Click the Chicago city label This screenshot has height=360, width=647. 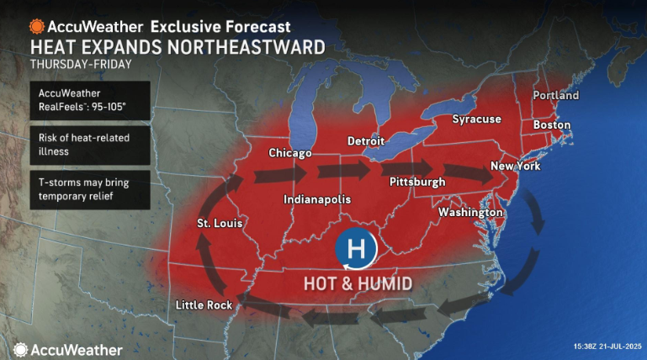(x=289, y=153)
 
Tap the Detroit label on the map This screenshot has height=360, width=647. (x=366, y=140)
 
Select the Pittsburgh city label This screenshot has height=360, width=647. (x=417, y=182)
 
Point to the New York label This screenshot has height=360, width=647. (x=515, y=166)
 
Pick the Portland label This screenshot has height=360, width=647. (x=555, y=96)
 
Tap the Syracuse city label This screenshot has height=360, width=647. (x=476, y=119)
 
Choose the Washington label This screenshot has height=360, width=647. (x=469, y=213)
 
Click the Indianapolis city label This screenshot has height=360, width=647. (x=317, y=199)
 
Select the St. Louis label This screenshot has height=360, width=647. (x=220, y=224)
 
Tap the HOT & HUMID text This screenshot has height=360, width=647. (x=358, y=283)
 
